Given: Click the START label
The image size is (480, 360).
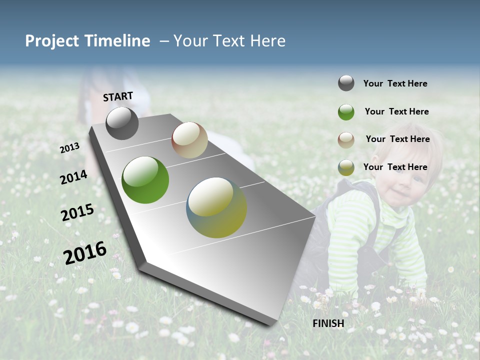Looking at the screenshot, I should click(x=118, y=96).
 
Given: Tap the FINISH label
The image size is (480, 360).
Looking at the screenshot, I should click(x=328, y=323).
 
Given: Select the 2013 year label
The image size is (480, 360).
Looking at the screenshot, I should click(x=69, y=147).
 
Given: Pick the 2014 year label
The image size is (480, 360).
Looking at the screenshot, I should click(x=73, y=177).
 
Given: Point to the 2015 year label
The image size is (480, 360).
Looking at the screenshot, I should click(x=77, y=212).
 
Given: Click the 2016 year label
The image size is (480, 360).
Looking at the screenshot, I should click(x=85, y=252).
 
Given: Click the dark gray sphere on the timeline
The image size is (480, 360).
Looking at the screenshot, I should click(x=122, y=123).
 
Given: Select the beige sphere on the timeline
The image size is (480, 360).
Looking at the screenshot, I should click(x=189, y=140).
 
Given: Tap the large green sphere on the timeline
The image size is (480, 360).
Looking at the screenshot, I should click(x=145, y=180).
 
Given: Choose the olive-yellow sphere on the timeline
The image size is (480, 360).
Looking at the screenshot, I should click(x=216, y=207).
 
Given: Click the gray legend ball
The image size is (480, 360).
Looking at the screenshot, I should click(x=346, y=83).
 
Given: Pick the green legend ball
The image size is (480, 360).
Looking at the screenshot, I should click(x=346, y=112).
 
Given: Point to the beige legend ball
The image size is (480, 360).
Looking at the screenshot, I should click(x=346, y=140).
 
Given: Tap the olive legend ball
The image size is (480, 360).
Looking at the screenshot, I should click(x=346, y=167).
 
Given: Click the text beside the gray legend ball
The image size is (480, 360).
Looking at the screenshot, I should click(x=395, y=83).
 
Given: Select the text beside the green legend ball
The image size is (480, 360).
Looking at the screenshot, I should click(x=396, y=111).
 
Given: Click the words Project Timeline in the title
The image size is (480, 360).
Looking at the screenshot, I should click(x=87, y=41).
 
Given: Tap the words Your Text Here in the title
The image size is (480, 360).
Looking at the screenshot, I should click(x=229, y=41).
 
